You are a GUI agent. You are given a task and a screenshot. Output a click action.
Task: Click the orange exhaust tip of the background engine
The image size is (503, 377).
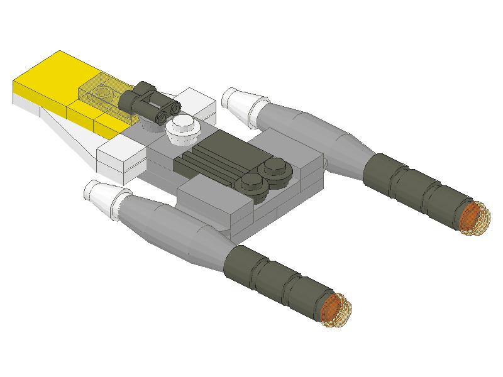pyautogui.click(x=473, y=217)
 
